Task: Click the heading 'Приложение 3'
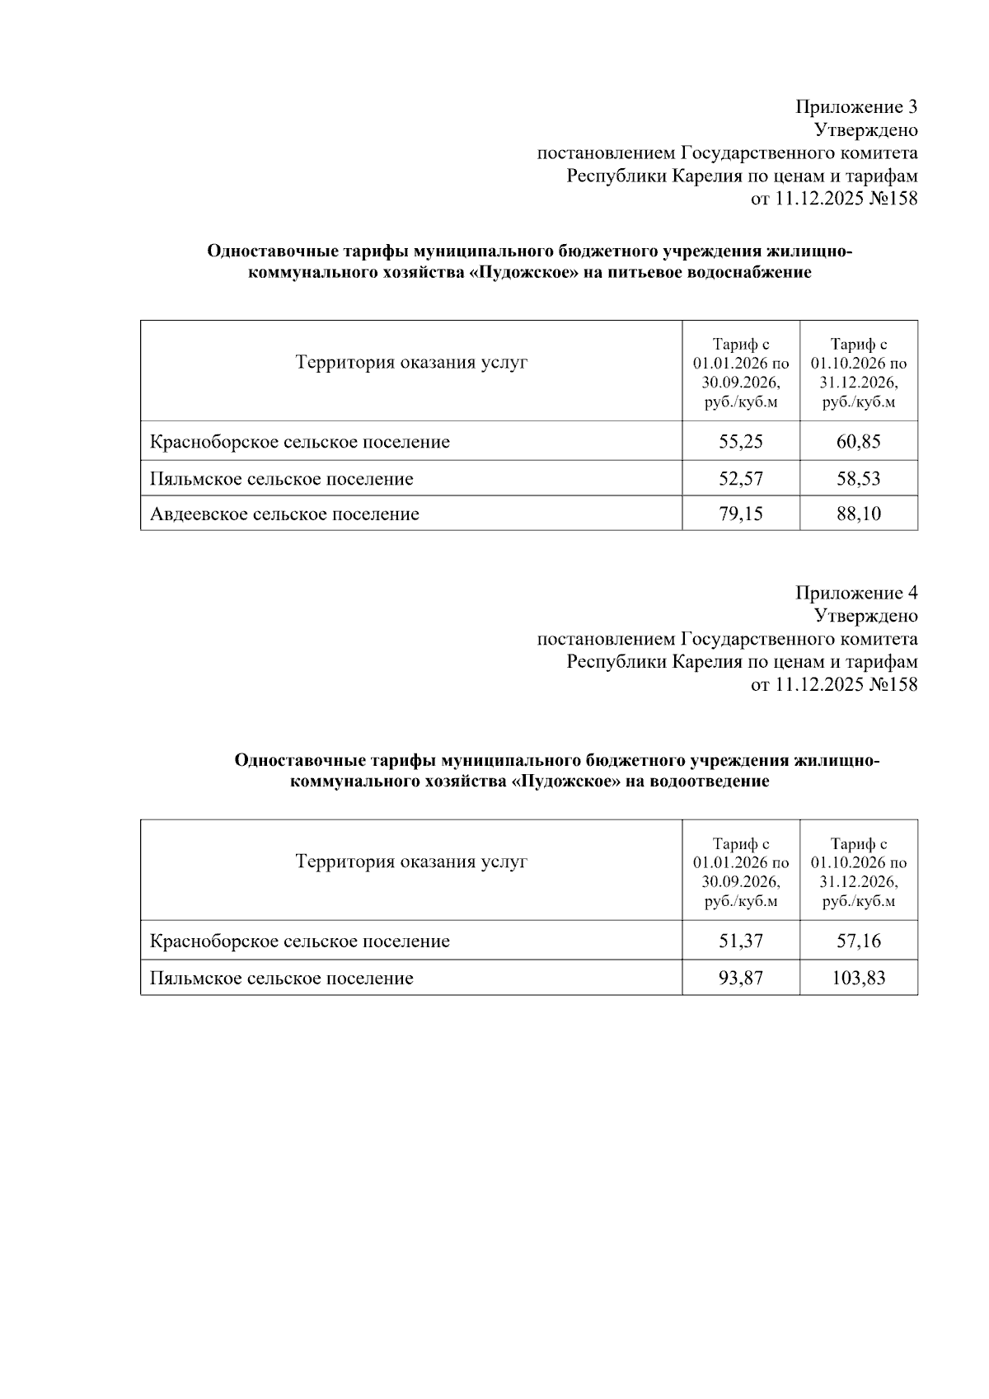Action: (x=855, y=106)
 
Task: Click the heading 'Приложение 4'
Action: (x=855, y=593)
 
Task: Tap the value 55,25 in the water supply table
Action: (x=740, y=442)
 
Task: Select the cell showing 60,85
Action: (x=858, y=442)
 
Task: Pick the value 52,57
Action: (x=740, y=479)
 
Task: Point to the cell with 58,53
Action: (x=858, y=479)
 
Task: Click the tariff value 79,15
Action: (x=740, y=514)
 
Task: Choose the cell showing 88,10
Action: (x=858, y=514)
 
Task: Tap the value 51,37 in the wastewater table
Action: (x=740, y=941)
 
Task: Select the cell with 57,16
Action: (x=858, y=941)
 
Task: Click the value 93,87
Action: (x=740, y=979)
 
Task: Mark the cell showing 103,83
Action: (x=858, y=979)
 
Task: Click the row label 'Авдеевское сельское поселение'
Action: (x=284, y=514)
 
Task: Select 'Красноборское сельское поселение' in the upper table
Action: (x=299, y=442)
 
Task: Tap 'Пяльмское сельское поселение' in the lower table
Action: (x=281, y=979)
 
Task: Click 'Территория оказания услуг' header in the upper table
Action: (x=411, y=363)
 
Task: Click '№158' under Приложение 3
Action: (x=893, y=199)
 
